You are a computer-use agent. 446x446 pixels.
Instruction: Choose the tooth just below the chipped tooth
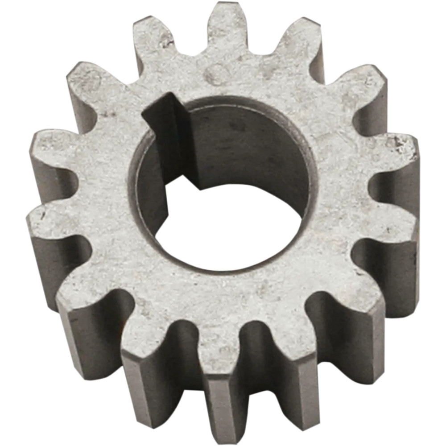tap(392, 227)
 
